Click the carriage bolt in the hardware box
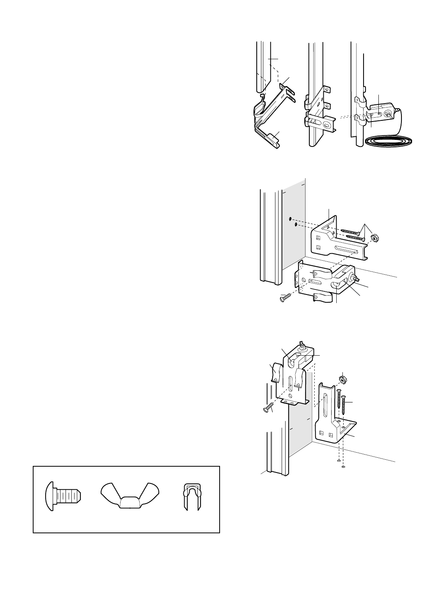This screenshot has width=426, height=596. [64, 497]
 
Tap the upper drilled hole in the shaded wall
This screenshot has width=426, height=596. [291, 219]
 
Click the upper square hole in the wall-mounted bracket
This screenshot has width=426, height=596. [318, 239]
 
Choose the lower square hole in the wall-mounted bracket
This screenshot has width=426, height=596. [318, 247]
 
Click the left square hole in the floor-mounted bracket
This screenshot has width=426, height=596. [322, 433]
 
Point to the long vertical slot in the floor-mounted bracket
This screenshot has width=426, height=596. [325, 407]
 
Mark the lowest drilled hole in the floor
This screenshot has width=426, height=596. [343, 466]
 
